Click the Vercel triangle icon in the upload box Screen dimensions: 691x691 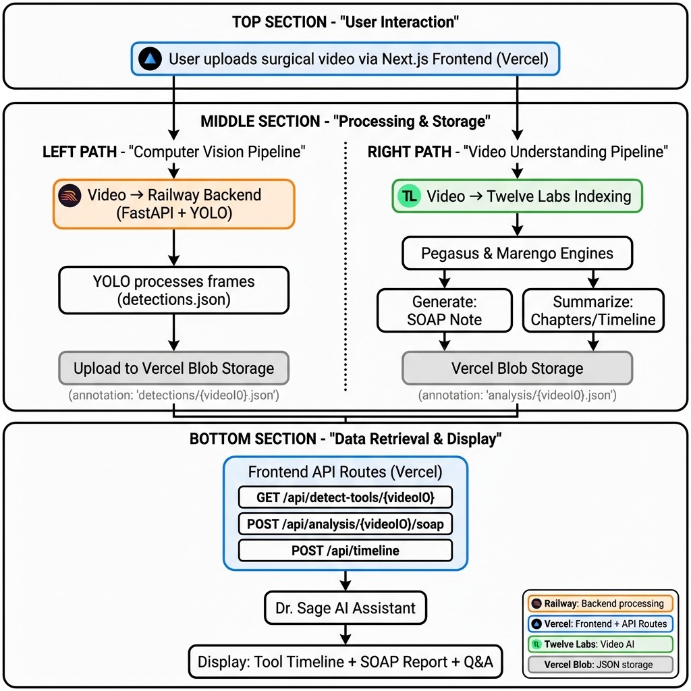(x=150, y=59)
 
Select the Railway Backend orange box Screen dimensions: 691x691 (x=174, y=204)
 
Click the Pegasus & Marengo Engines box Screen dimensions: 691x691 (x=517, y=254)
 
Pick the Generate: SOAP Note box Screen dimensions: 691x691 (x=444, y=310)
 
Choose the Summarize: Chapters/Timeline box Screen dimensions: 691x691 (x=593, y=310)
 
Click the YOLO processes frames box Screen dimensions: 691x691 (x=173, y=290)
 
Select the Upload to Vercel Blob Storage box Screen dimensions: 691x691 (x=173, y=368)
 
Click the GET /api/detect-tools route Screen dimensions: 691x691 (x=345, y=498)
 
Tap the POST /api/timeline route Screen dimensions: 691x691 (x=345, y=551)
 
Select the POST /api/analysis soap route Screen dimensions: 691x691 (x=345, y=524)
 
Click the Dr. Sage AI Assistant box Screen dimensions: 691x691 (x=345, y=608)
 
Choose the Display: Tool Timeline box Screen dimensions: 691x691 (x=345, y=662)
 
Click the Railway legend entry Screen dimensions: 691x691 (x=599, y=603)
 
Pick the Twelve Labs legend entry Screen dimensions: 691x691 (x=599, y=644)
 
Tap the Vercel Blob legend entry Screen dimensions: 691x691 (x=599, y=665)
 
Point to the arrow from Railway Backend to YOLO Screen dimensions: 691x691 (x=174, y=248)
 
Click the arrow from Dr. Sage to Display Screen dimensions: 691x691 (x=345, y=634)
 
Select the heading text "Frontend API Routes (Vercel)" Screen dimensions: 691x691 (x=345, y=472)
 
